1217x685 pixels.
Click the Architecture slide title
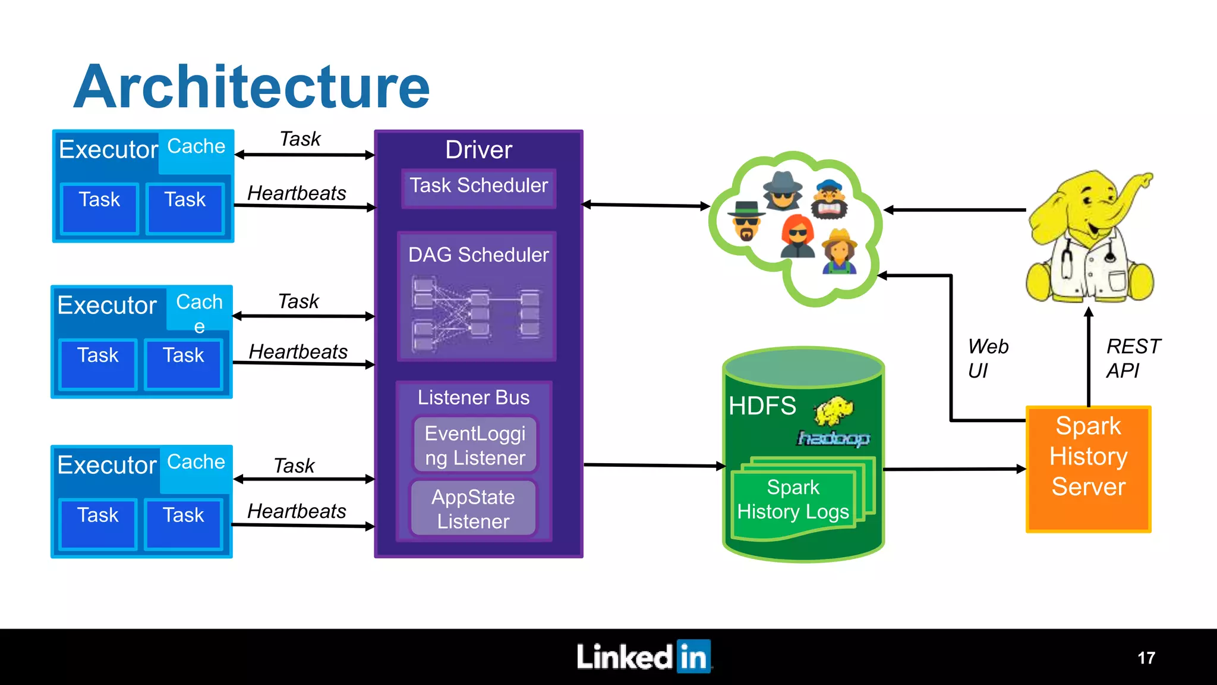pyautogui.click(x=252, y=87)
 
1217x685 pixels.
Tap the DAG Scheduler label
pyautogui.click(x=478, y=254)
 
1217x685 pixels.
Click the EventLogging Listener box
pyautogui.click(x=475, y=446)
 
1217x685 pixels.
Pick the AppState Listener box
pyautogui.click(x=473, y=509)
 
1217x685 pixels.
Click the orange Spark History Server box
pyautogui.click(x=1088, y=469)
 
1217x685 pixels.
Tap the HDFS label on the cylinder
pyautogui.click(x=762, y=406)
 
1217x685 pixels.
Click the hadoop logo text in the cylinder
pyautogui.click(x=833, y=438)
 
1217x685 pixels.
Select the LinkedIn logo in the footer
pyautogui.click(x=644, y=657)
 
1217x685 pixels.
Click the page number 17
pyautogui.click(x=1146, y=658)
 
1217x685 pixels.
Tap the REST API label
pyautogui.click(x=1132, y=358)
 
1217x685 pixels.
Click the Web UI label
pyautogui.click(x=987, y=358)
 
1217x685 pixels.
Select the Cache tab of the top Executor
pyautogui.click(x=196, y=147)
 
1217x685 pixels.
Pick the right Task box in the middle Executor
pyautogui.click(x=184, y=363)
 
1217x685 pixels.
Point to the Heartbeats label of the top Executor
pyautogui.click(x=297, y=193)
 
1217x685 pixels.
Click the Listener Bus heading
pyautogui.click(x=473, y=397)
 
